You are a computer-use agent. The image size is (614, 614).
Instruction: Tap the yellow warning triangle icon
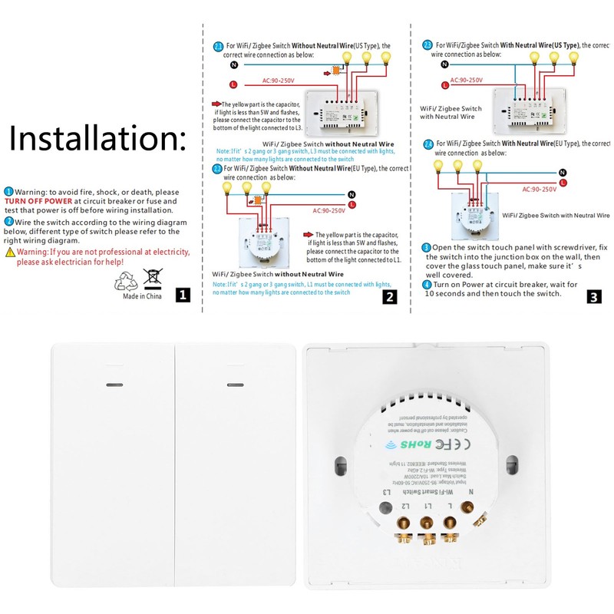pos(10,252)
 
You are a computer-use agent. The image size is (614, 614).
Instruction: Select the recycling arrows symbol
pos(125,283)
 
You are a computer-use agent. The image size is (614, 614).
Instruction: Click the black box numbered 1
pos(182,295)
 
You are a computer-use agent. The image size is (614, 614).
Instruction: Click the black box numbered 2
pos(390,296)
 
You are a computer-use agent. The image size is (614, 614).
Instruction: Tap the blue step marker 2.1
pos(218,47)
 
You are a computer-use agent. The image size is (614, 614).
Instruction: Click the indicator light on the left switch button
pos(113,384)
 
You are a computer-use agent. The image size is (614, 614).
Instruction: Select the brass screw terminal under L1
pos(424,524)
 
